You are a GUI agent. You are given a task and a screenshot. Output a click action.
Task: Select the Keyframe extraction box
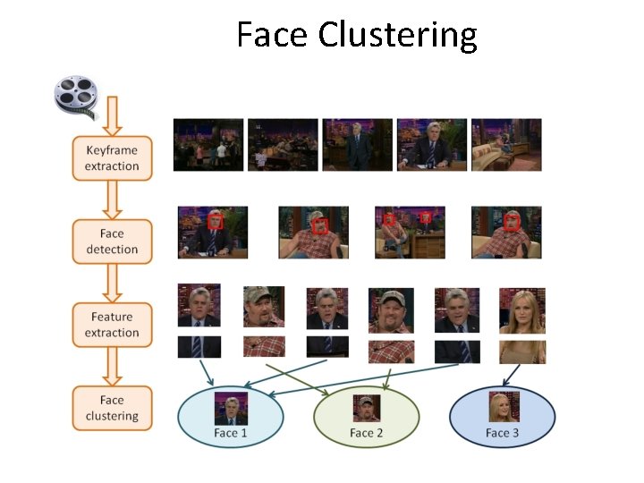pyautogui.click(x=112, y=158)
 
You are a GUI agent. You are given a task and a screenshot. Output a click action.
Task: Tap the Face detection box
pyautogui.click(x=112, y=242)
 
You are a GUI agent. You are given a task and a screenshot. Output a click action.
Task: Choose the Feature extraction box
pyautogui.click(x=112, y=326)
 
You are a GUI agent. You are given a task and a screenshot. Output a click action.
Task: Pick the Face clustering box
pyautogui.click(x=112, y=409)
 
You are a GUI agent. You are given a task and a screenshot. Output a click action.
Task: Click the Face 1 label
pyautogui.click(x=230, y=434)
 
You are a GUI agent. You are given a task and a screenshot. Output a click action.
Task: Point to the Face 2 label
pyautogui.click(x=366, y=434)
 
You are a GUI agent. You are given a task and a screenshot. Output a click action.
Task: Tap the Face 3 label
pyautogui.click(x=502, y=434)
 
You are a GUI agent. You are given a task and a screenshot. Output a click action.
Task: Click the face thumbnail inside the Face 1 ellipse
pyautogui.click(x=230, y=410)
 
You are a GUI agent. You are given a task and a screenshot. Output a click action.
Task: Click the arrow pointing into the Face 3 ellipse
pyautogui.click(x=512, y=374)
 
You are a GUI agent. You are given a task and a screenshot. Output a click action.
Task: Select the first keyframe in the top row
pyautogui.click(x=208, y=144)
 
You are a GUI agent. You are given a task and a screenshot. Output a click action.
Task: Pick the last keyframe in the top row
pyautogui.click(x=506, y=144)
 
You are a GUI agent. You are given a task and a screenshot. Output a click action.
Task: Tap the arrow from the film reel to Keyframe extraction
pyautogui.click(x=112, y=116)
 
